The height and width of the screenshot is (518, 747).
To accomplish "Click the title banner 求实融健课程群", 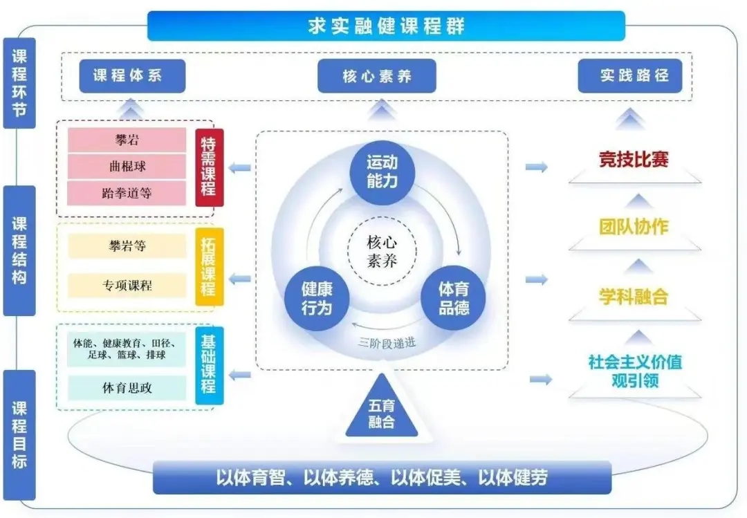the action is (386, 26).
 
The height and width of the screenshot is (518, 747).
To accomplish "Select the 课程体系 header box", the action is (132, 76).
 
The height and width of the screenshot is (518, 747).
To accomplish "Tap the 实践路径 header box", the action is (630, 75).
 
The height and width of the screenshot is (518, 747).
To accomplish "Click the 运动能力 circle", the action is (382, 172).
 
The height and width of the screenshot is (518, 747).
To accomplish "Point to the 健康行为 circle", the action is (317, 298).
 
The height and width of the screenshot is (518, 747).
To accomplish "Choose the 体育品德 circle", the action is (453, 298).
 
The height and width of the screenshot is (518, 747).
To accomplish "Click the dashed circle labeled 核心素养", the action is (382, 251).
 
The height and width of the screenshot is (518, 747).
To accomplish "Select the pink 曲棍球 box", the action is (127, 166).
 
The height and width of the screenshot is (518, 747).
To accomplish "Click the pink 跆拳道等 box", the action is (127, 193).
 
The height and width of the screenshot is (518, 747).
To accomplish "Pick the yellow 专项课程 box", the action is (127, 286).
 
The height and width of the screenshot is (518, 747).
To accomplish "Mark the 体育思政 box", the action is (127, 388).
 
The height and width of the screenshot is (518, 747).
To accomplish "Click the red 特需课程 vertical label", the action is (209, 167).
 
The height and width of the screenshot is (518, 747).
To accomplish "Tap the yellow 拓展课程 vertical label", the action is (209, 266).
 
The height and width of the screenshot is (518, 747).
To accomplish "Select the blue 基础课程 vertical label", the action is (209, 366).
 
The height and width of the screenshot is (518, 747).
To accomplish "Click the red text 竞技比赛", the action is (634, 159).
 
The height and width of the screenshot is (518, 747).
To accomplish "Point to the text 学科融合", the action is (634, 297).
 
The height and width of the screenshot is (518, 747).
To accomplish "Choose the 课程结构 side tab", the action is (19, 250).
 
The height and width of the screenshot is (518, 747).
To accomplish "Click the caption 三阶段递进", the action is (387, 342).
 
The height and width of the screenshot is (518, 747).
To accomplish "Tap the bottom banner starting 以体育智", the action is (382, 477).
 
